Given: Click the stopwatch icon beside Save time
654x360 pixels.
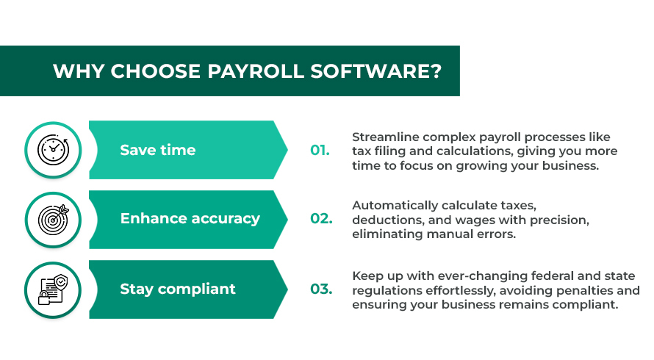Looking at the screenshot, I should (x=53, y=150).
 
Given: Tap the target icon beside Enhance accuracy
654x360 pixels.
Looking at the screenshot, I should (x=53, y=219).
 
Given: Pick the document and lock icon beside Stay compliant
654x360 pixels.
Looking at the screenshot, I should (x=53, y=289).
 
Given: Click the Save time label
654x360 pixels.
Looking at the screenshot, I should (x=158, y=150).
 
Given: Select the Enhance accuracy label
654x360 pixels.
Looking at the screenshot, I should (x=190, y=219).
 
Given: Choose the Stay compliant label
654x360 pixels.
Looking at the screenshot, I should (x=178, y=289).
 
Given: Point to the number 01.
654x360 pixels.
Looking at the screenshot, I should (x=320, y=150).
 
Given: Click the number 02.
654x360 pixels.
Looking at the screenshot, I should (x=321, y=219).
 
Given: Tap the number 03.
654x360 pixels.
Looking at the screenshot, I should (x=321, y=289).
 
